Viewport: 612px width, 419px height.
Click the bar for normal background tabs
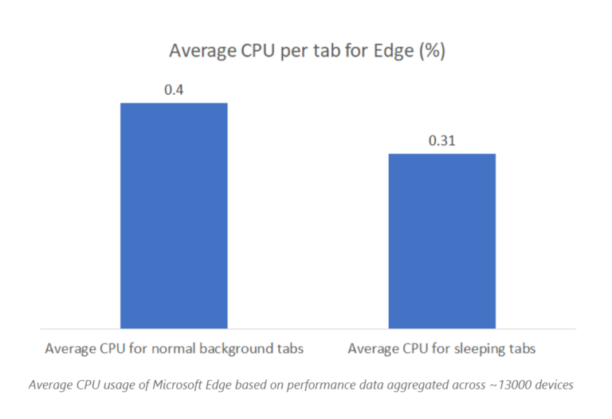[174, 215]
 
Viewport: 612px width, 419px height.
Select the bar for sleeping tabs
[441, 241]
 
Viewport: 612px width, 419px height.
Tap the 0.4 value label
[174, 90]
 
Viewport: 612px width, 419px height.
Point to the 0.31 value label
[441, 141]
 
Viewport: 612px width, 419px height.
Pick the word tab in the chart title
[328, 53]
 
